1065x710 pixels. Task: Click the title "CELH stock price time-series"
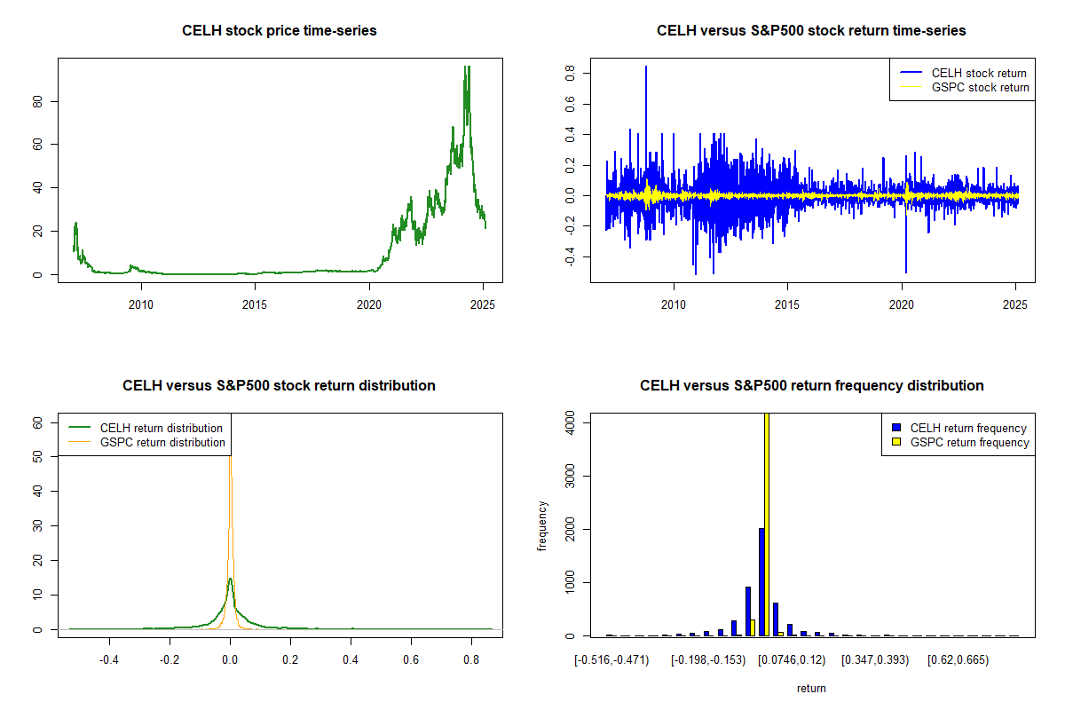click(x=280, y=31)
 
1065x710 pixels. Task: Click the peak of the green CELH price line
click(x=467, y=67)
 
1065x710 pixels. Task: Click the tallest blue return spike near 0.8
click(x=646, y=67)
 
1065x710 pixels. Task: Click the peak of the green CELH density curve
click(x=231, y=580)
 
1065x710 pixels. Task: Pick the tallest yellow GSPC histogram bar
click(x=767, y=524)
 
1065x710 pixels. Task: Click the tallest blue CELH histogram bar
click(x=761, y=581)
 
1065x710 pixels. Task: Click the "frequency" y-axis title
click(x=542, y=525)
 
